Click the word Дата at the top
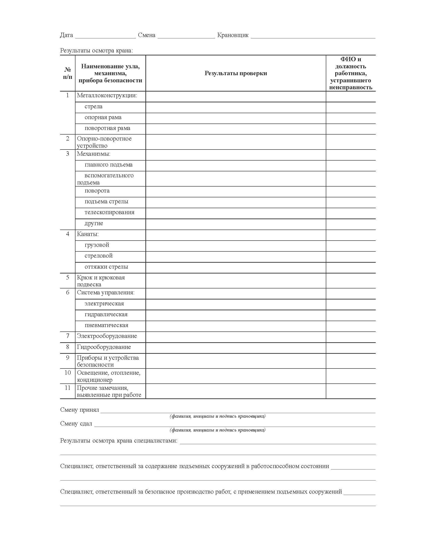(66, 35)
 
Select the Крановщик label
(233, 35)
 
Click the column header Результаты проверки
(236, 73)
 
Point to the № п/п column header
(68, 73)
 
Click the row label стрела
(93, 106)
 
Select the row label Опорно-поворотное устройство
(104, 142)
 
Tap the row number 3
(68, 154)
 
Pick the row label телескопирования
(109, 212)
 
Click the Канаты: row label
(88, 234)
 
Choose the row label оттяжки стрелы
(106, 267)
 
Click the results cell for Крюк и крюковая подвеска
(236, 281)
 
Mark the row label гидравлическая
(106, 314)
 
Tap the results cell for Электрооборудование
(236, 337)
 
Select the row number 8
(68, 347)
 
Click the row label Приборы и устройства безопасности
(108, 361)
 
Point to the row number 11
(68, 388)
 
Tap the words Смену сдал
(76, 424)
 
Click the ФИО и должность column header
(351, 73)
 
